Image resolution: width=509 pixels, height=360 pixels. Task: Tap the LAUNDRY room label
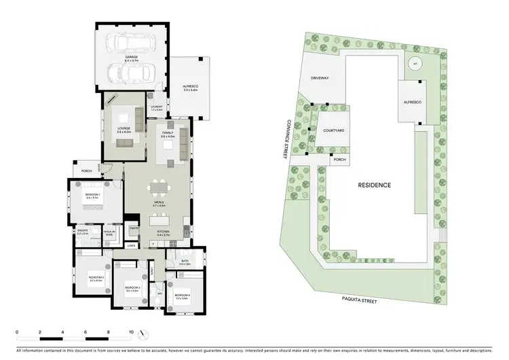(155, 107)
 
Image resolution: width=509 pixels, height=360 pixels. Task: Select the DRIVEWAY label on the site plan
(320, 78)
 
